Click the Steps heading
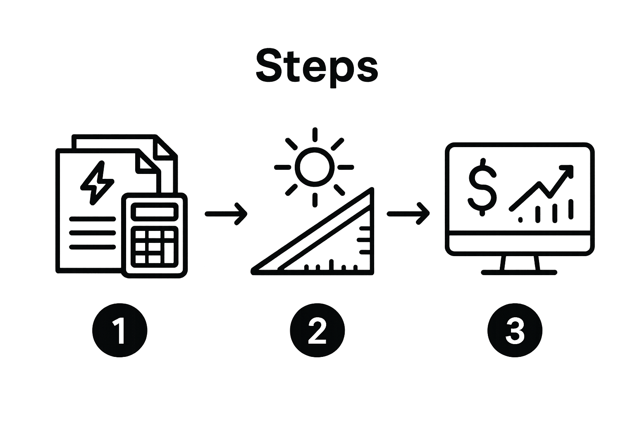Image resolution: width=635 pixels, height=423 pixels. [317, 68]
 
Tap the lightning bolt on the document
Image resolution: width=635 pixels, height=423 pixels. [97, 183]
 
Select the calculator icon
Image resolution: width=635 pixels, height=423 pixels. [155, 235]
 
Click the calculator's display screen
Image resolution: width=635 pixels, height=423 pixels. [155, 211]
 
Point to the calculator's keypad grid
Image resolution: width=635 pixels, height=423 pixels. [155, 247]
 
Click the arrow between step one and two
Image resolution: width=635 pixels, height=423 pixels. [226, 214]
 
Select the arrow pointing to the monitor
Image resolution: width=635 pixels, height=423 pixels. [408, 214]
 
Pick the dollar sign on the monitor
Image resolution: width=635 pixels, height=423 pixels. [482, 187]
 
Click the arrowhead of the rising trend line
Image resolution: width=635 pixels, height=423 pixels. [566, 172]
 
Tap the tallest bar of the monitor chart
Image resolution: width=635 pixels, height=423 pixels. [571, 209]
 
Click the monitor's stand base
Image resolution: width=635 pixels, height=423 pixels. [519, 273]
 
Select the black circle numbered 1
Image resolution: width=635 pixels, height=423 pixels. [119, 330]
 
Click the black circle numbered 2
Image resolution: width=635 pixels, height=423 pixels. [317, 330]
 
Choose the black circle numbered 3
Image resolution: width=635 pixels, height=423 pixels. [515, 330]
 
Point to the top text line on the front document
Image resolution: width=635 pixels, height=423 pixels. [93, 219]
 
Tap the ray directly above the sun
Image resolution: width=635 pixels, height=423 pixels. [315, 135]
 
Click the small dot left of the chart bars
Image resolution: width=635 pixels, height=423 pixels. [520, 220]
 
